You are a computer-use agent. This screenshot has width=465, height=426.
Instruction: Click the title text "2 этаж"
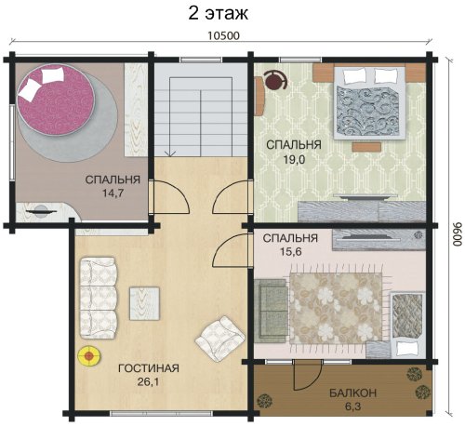click(219, 13)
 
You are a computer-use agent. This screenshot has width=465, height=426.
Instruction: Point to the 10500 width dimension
click(223, 35)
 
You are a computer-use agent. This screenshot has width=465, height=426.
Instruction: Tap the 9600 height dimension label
click(457, 234)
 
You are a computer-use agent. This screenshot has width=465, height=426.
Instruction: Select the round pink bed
click(56, 100)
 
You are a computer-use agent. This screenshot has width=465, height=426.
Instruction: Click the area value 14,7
click(113, 193)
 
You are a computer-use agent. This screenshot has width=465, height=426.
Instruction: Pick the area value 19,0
click(294, 159)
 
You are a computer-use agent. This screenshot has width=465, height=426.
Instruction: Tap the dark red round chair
click(275, 80)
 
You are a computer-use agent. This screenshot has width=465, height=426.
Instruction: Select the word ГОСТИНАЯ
click(149, 368)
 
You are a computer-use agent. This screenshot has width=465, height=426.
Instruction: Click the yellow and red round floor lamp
click(88, 356)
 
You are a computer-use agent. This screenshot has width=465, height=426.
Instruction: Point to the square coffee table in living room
click(144, 303)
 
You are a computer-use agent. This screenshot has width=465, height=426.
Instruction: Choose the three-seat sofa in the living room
click(99, 298)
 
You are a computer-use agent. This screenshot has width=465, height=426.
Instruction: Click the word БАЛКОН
click(352, 393)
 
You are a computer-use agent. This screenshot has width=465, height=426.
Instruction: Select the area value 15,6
click(291, 251)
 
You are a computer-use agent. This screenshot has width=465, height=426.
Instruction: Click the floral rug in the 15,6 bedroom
click(336, 308)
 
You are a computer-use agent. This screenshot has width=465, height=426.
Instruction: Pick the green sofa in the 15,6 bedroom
click(271, 311)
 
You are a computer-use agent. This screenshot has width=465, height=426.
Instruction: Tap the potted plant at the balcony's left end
click(264, 402)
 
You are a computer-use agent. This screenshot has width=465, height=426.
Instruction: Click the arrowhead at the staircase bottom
click(170, 153)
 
